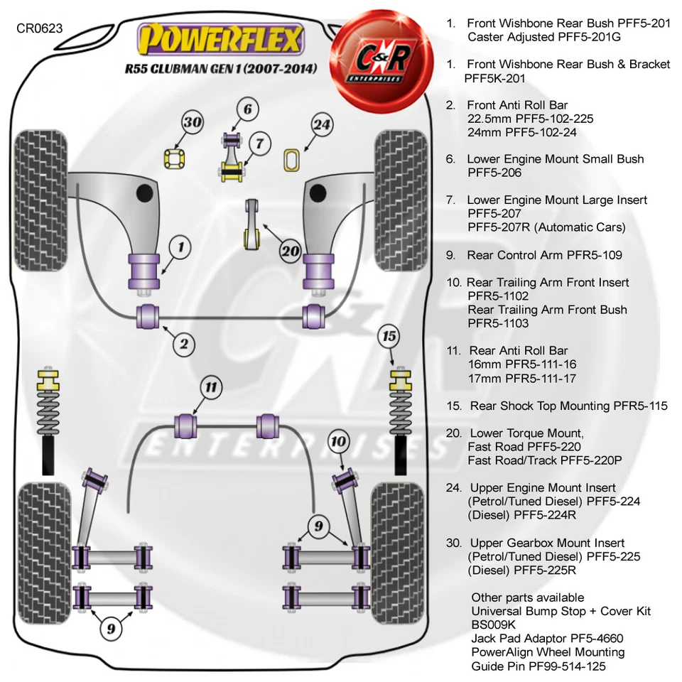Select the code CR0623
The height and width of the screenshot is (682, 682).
39,28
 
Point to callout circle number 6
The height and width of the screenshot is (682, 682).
247,109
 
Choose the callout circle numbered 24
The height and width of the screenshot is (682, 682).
322,126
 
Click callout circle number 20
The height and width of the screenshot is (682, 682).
291,251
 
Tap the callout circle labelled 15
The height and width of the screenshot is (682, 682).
389,335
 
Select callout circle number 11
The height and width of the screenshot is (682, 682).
211,387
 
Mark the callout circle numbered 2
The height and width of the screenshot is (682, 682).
184,345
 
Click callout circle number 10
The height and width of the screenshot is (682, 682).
339,443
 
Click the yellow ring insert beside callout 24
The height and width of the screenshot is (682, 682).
291,160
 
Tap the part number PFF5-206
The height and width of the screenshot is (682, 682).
494,173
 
